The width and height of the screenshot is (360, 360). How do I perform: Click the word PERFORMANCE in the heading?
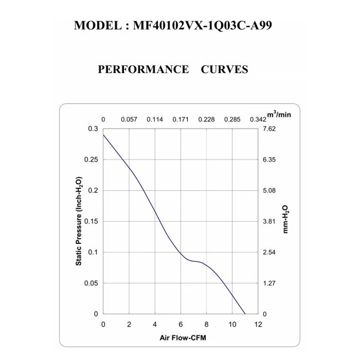(x=143, y=69)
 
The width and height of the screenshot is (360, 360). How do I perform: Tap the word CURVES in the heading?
(x=224, y=69)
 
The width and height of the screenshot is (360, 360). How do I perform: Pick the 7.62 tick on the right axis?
(x=269, y=129)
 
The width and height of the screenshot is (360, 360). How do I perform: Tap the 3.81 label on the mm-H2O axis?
(x=269, y=221)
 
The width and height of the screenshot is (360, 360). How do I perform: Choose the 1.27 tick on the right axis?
(x=269, y=283)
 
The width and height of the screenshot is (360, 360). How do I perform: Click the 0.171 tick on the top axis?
(x=180, y=119)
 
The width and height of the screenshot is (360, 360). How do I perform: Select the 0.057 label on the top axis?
(x=129, y=119)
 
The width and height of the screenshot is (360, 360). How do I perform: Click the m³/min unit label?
(x=279, y=115)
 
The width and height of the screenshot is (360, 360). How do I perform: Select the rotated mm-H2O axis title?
(x=286, y=220)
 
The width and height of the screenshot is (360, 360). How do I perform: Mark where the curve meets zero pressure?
(x=245, y=314)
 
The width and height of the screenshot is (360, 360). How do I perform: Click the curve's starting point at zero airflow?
(x=103, y=135)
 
